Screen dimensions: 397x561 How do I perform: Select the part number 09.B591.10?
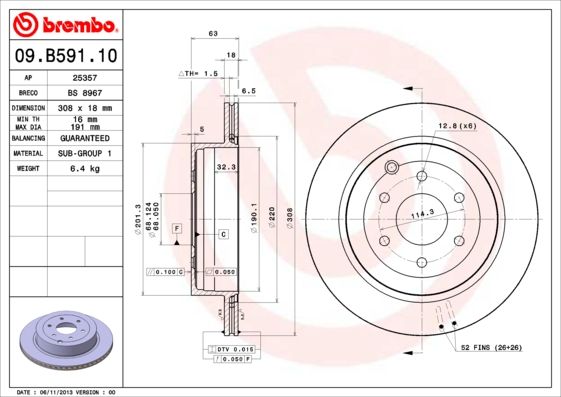click(x=62, y=55)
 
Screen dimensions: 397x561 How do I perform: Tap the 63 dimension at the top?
click(x=212, y=34)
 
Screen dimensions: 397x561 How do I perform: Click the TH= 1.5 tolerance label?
click(x=198, y=74)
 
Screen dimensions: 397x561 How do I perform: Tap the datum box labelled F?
click(x=177, y=229)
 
